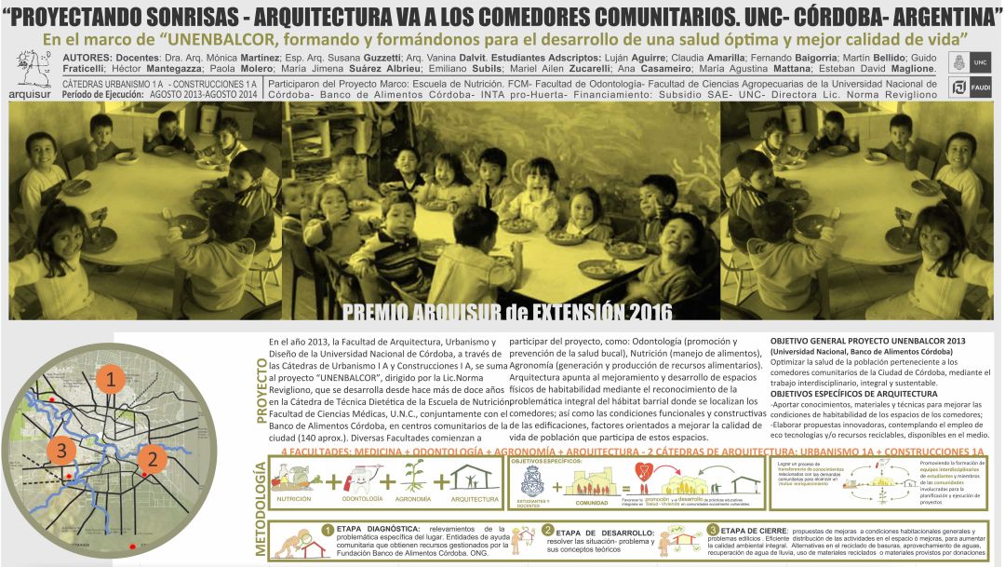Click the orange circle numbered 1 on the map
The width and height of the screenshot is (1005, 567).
[112, 380]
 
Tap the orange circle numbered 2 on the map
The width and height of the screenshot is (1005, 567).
[153, 457]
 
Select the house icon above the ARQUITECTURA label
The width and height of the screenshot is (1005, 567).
[474, 479]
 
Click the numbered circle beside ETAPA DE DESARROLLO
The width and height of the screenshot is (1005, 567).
[548, 530]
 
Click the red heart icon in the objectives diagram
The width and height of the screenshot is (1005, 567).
[641, 470]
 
